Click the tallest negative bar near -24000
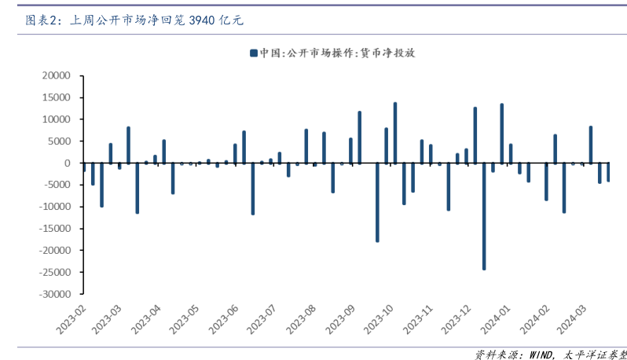coord(484,216)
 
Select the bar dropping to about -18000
coord(377,202)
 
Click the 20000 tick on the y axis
coord(56,76)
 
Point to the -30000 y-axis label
coord(53,294)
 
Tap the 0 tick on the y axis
coord(67,163)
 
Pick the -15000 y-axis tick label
coord(53,229)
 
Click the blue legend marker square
coord(254,53)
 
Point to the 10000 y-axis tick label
coord(56,119)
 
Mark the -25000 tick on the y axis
coord(53,272)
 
